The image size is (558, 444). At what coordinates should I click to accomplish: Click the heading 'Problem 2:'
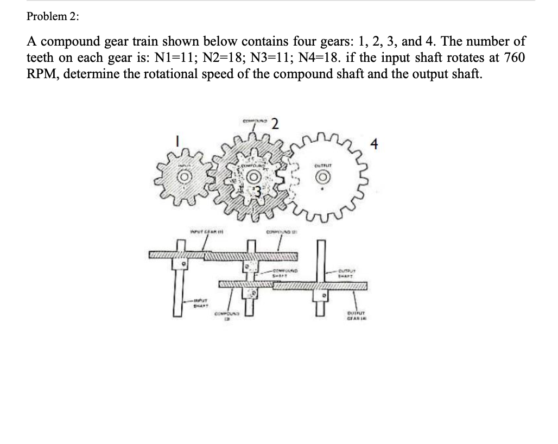click(x=53, y=16)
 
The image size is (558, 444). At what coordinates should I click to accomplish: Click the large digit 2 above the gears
click(x=275, y=124)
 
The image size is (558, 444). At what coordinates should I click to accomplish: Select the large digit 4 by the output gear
click(x=373, y=145)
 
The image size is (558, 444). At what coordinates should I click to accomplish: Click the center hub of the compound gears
click(x=252, y=177)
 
